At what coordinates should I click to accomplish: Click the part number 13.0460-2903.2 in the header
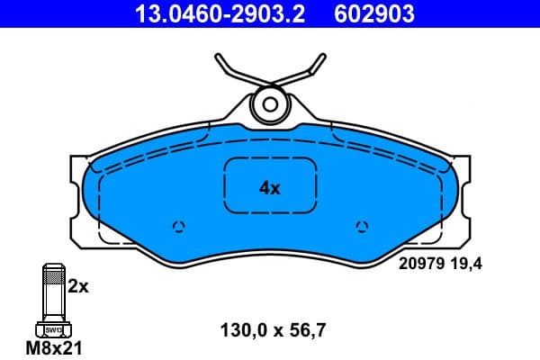[207, 13]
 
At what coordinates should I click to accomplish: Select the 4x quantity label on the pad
[270, 188]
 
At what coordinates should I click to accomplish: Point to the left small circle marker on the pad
[177, 226]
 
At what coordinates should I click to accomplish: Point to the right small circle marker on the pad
[363, 226]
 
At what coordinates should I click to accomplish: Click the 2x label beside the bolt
[78, 287]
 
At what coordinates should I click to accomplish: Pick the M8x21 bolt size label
[53, 347]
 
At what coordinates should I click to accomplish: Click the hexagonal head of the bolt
[52, 329]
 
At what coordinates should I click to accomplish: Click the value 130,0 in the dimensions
[239, 329]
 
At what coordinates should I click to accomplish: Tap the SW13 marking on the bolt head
[52, 331]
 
